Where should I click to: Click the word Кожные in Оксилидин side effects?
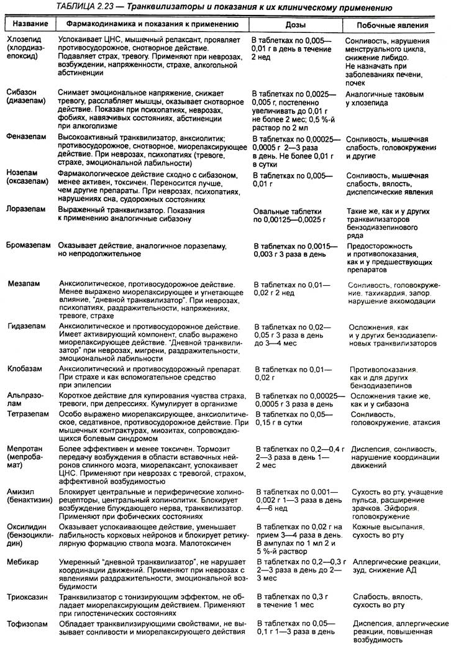(365, 527)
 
